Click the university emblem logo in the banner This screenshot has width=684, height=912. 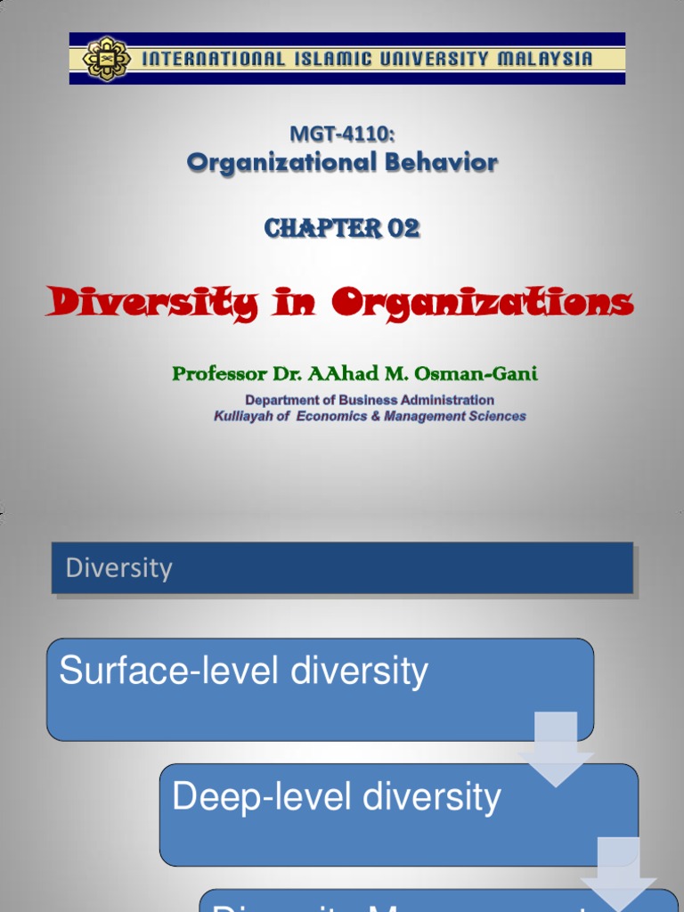[x=107, y=59]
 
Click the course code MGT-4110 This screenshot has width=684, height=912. [x=342, y=134]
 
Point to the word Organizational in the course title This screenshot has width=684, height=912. [x=265, y=163]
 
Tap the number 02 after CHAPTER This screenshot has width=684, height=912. [x=403, y=229]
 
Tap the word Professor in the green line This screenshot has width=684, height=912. [x=219, y=374]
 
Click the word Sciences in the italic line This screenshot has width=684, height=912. [x=499, y=416]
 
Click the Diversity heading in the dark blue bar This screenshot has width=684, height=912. [x=119, y=568]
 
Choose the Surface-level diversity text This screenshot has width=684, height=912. [x=243, y=672]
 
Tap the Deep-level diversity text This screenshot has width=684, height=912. [x=337, y=797]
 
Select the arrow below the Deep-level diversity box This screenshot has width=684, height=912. [x=619, y=874]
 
